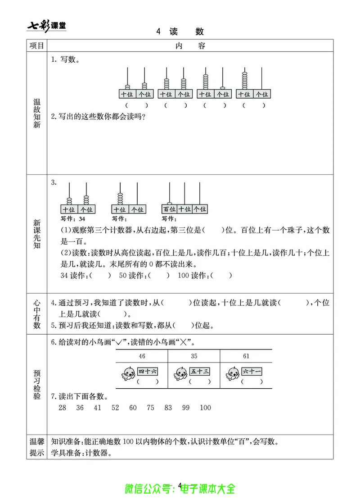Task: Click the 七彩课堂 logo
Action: (47, 25)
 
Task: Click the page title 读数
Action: (180, 31)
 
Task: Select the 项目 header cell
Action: (37, 46)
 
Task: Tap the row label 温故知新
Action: (37, 114)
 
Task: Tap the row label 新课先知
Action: (37, 234)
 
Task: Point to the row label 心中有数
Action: (37, 313)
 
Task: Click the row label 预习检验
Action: (37, 385)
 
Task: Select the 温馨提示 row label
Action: (37, 447)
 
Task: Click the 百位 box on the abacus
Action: (169, 209)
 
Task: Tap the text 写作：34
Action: (73, 219)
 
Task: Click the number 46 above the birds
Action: (142, 356)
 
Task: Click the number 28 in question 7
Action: (63, 408)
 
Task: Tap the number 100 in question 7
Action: (205, 408)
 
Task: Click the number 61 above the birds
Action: (246, 356)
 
